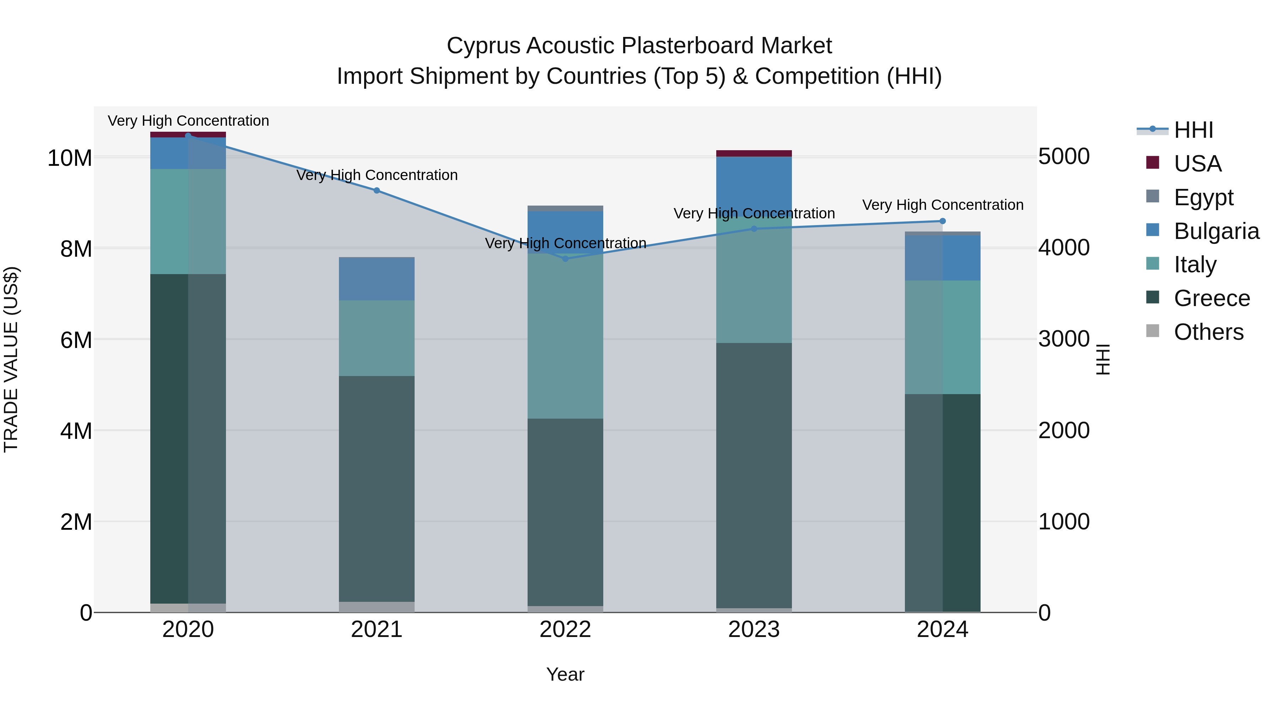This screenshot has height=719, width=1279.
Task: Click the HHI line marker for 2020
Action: tap(188, 136)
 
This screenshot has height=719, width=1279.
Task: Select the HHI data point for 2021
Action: tap(377, 191)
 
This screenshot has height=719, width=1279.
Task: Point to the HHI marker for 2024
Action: tap(943, 221)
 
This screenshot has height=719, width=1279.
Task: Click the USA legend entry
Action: tap(1197, 163)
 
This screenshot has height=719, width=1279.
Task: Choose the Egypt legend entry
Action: tap(1203, 197)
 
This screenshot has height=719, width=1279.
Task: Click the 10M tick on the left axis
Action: tap(70, 158)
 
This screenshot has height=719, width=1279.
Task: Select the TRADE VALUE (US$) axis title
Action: tap(11, 359)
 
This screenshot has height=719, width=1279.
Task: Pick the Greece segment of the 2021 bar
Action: tap(377, 489)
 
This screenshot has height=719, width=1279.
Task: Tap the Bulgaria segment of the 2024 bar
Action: tap(943, 258)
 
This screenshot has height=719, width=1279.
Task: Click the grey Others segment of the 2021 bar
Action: tap(377, 607)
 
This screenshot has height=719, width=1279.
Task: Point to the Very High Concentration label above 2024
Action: tap(943, 205)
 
